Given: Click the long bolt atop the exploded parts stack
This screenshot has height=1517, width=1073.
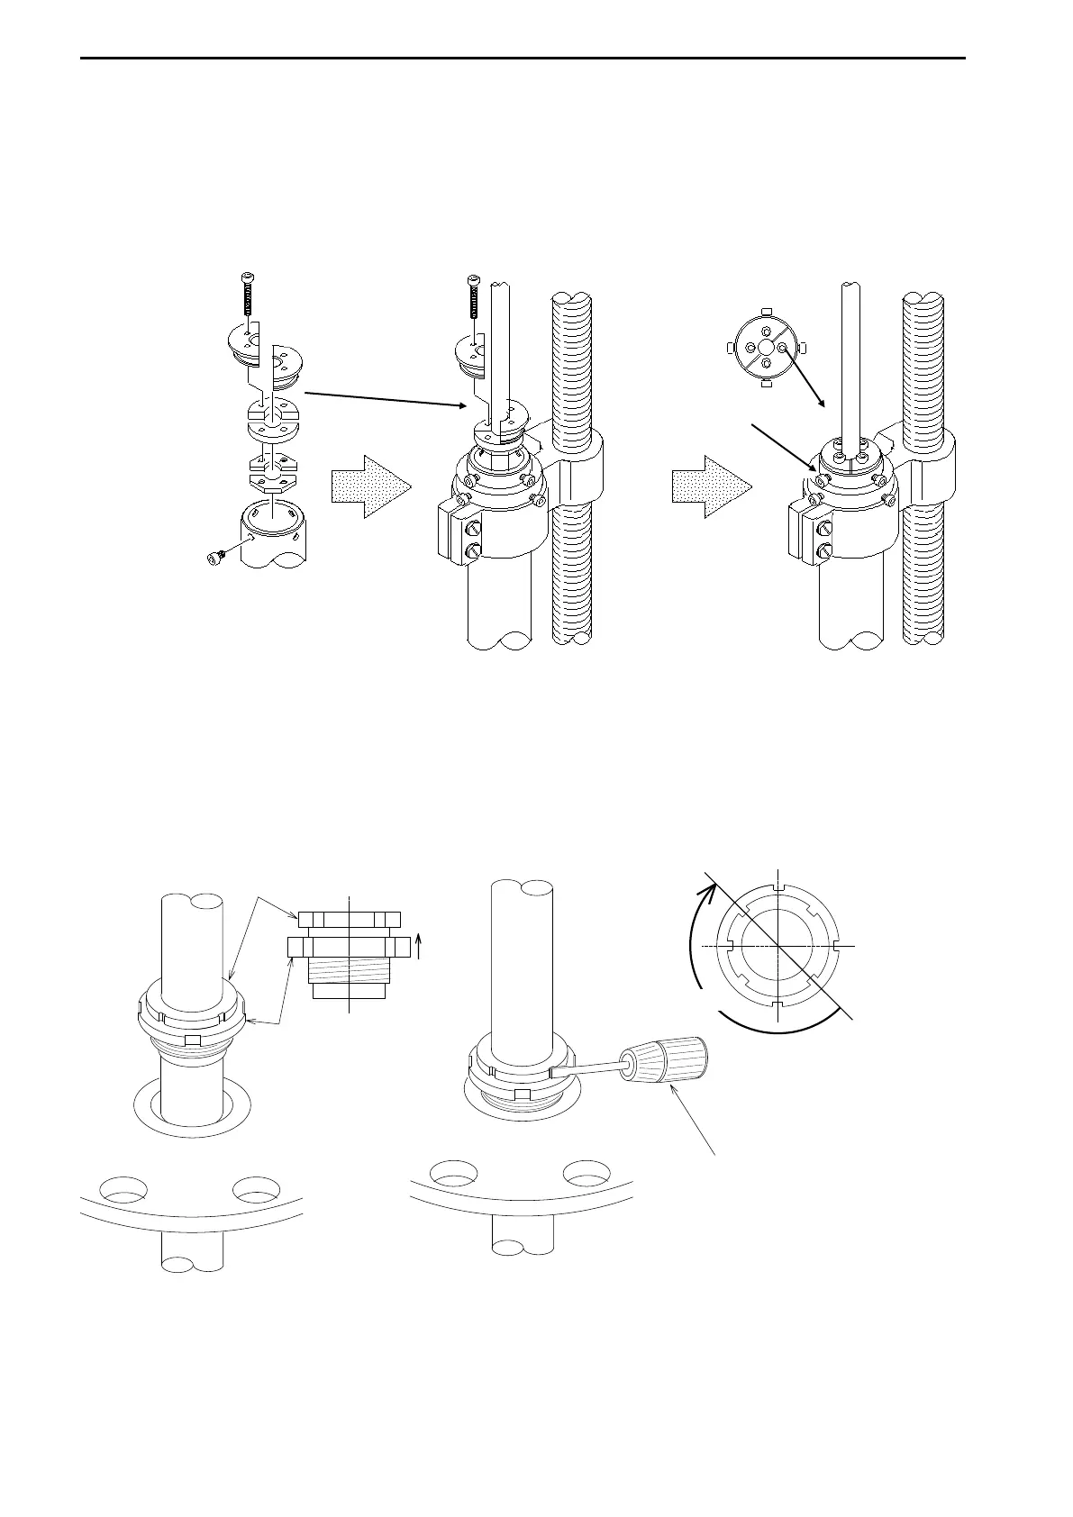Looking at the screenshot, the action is click(249, 296).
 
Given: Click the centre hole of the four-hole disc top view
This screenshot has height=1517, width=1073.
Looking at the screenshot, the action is click(765, 348).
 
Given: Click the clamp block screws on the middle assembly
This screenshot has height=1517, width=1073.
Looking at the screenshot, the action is click(474, 543).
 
